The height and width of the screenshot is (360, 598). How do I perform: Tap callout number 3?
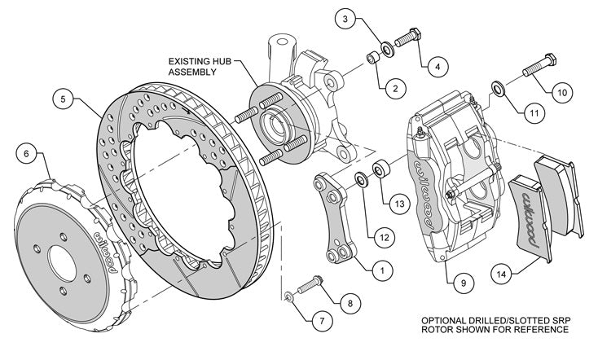click(x=345, y=18)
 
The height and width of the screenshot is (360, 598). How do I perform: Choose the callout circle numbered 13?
click(x=397, y=204)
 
